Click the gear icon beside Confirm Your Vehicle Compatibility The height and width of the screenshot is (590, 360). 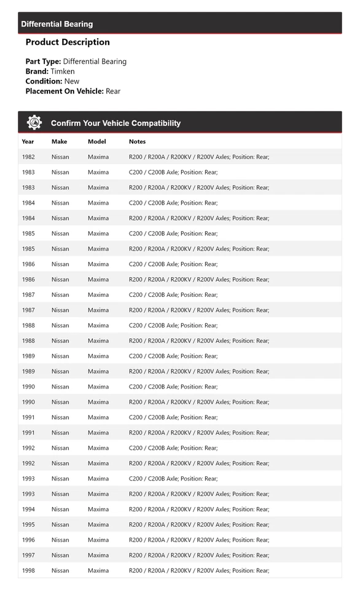click(x=34, y=122)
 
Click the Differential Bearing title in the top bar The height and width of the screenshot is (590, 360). click(x=57, y=24)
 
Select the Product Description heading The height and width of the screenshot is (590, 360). click(x=68, y=42)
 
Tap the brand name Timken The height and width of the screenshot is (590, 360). click(x=63, y=71)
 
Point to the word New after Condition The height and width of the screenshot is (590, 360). click(x=72, y=81)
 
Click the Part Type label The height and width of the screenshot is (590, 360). click(x=43, y=61)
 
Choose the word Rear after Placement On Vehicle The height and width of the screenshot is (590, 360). click(x=113, y=91)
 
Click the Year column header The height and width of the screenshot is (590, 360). click(x=28, y=141)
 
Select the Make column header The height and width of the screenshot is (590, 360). click(x=60, y=141)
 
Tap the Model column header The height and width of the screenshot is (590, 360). click(x=97, y=141)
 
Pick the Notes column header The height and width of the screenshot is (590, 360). click(x=137, y=141)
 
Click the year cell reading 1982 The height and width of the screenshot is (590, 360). click(x=28, y=157)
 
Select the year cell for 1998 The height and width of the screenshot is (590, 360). click(x=28, y=570)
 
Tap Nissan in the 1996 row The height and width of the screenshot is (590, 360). click(x=60, y=540)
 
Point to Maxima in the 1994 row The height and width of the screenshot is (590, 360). click(x=98, y=509)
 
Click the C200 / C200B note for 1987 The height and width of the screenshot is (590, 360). click(x=173, y=295)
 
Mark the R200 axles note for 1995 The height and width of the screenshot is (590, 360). click(x=199, y=524)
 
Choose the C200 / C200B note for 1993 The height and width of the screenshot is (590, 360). click(x=173, y=479)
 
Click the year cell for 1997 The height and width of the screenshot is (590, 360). click(x=28, y=555)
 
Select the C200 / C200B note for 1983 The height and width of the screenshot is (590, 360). click(x=173, y=172)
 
